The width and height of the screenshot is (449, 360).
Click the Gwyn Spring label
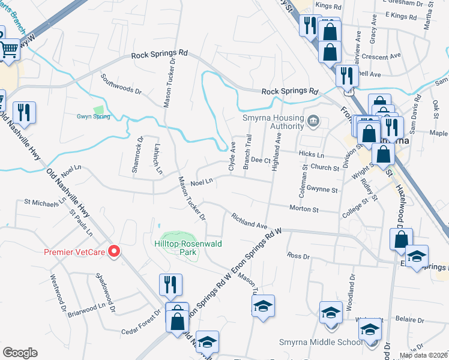click(93, 116)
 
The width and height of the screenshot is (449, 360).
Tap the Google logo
click(20, 352)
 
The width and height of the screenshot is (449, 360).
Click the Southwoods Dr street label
click(121, 85)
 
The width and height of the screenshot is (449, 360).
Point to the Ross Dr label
click(298, 256)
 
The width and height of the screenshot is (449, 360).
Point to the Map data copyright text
click(423, 355)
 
